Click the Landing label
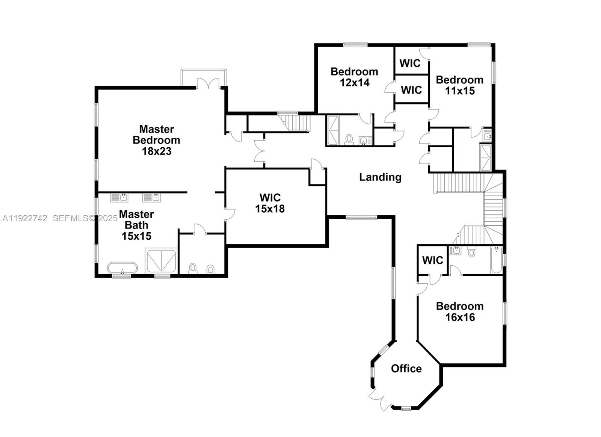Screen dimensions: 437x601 [x=380, y=177]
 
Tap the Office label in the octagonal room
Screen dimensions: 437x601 [x=406, y=369]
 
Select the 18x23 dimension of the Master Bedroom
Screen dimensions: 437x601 [x=157, y=151]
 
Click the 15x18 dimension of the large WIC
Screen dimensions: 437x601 [x=270, y=209]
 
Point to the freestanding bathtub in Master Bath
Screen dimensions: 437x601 [x=122, y=268]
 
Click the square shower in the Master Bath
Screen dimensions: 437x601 [x=161, y=261]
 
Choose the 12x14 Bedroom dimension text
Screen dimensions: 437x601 [x=355, y=83]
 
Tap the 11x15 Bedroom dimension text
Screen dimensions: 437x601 [x=460, y=91]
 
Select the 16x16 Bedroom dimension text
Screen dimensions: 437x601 [x=460, y=318]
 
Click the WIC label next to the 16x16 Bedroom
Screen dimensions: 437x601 [x=432, y=260]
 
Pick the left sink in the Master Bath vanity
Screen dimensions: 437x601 [x=119, y=197]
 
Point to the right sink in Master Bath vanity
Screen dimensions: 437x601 [x=151, y=197]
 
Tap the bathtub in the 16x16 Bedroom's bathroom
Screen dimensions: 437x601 [x=496, y=260]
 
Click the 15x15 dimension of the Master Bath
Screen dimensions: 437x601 [x=136, y=236]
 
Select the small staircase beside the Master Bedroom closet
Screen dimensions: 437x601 [x=296, y=122]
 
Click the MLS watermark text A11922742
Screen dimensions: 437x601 [x=25, y=218]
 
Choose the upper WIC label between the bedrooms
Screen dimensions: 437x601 [x=410, y=63]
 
